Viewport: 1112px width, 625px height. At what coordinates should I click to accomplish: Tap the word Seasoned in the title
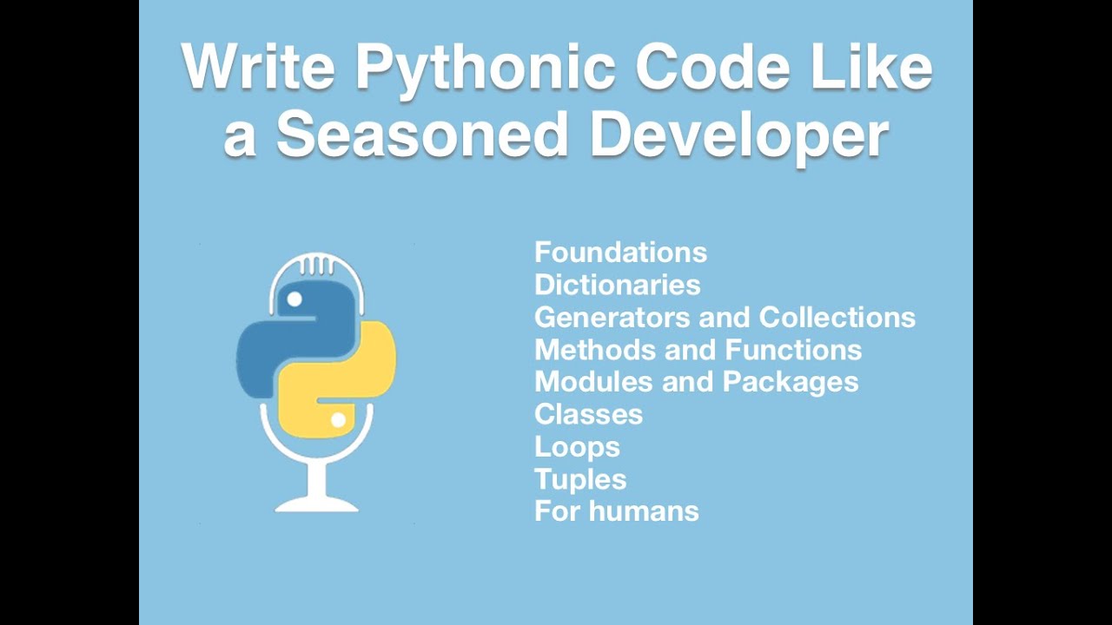(422, 135)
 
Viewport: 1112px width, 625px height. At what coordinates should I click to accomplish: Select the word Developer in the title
(739, 135)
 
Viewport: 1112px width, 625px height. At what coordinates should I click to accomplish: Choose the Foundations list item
(620, 253)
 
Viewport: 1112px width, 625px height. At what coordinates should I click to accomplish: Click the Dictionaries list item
(617, 285)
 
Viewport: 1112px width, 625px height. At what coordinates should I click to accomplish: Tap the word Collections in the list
(837, 317)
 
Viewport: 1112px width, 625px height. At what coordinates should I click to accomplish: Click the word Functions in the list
(794, 350)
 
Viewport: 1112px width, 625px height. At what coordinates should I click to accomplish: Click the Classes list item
(588, 414)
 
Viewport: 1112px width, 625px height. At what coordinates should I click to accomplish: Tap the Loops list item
(577, 447)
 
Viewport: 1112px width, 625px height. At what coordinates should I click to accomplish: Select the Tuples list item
(580, 479)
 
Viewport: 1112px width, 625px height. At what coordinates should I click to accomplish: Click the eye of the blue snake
(295, 299)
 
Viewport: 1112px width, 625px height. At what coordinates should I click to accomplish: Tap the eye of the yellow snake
(338, 420)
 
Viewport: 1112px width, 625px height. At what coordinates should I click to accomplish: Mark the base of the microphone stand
(316, 503)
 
